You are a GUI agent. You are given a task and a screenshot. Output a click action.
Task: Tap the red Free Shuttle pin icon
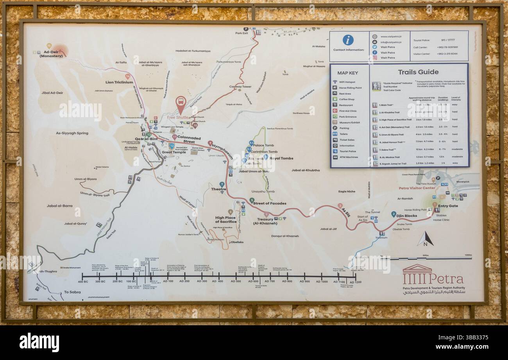(x=181, y=104)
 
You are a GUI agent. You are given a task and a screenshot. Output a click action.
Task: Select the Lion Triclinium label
(x=119, y=82)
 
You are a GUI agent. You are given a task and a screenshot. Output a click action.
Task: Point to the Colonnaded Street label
(x=189, y=139)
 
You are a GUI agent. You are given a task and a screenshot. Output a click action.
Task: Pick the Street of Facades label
(x=269, y=203)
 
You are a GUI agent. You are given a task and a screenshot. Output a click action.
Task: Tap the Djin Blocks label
(x=407, y=216)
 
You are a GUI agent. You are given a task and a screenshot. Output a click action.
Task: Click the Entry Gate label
(x=448, y=206)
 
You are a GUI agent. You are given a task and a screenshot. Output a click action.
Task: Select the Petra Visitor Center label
(x=417, y=188)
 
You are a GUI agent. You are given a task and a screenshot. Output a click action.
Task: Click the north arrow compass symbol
(x=425, y=239)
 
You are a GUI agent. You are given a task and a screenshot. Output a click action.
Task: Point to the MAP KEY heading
(x=347, y=73)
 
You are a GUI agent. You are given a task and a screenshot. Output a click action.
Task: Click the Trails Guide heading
(x=418, y=72)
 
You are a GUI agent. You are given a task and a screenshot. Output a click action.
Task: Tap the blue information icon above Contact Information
(x=348, y=40)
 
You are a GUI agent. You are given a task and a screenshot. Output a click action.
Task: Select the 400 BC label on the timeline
(x=83, y=282)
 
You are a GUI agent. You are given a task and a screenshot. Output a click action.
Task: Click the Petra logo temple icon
(x=417, y=269)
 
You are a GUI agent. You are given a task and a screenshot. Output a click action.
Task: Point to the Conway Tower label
(x=240, y=87)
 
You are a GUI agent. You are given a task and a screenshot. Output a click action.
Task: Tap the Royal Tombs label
(x=281, y=159)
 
